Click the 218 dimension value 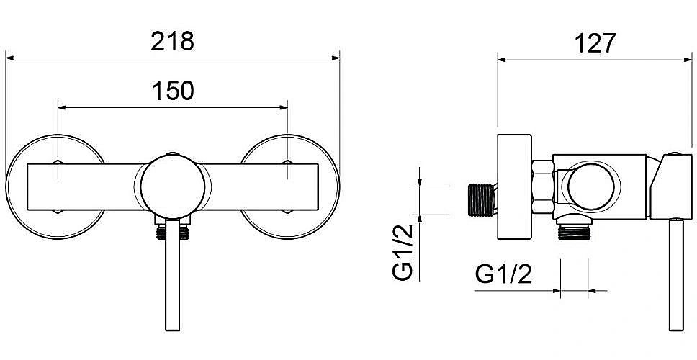(173, 42)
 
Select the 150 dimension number (173, 91)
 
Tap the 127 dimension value (595, 43)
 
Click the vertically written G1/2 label (403, 253)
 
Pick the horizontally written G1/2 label (503, 274)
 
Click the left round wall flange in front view (14, 186)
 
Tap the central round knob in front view (173, 186)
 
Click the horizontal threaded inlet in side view (482, 200)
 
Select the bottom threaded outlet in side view (574, 232)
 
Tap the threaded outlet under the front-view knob (173, 233)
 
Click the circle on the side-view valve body (590, 186)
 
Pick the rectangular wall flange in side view (514, 186)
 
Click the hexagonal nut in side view (543, 186)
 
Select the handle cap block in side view (671, 186)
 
